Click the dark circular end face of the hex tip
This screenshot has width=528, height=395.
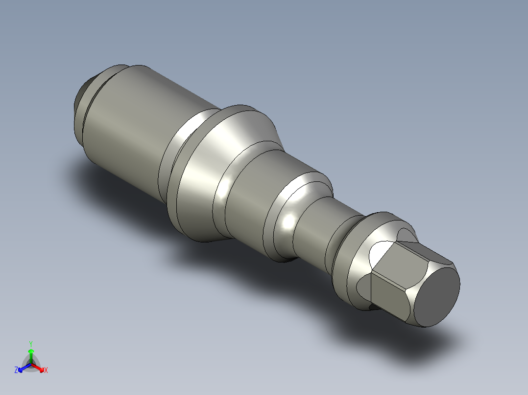439,296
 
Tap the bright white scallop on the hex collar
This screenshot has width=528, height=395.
378,254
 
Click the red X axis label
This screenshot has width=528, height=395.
46,371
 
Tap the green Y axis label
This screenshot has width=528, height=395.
31,344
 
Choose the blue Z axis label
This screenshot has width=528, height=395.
16,371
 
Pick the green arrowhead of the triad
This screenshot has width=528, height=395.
31,351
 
